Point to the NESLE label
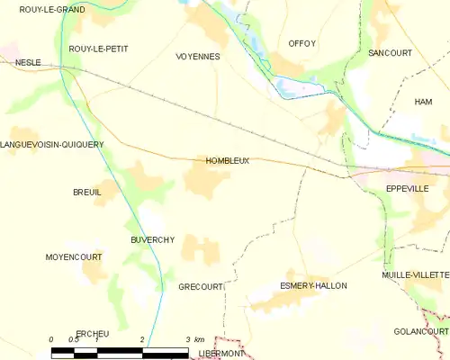pyautogui.click(x=28, y=63)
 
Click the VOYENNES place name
pyautogui.click(x=198, y=56)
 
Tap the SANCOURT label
pyautogui.click(x=390, y=53)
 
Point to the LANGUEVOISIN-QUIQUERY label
pyautogui.click(x=52, y=144)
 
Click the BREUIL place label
pyautogui.click(x=87, y=193)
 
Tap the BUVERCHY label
pyautogui.click(x=152, y=240)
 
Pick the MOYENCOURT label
pyautogui.click(x=74, y=257)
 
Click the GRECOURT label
pyautogui.click(x=200, y=287)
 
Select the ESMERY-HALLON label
pyautogui.click(x=313, y=285)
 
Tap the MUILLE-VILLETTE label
pyautogui.click(x=415, y=274)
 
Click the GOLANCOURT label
pyautogui.click(x=421, y=332)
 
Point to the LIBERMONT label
pyautogui.click(x=221, y=354)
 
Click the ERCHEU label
pyautogui.click(x=93, y=334)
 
